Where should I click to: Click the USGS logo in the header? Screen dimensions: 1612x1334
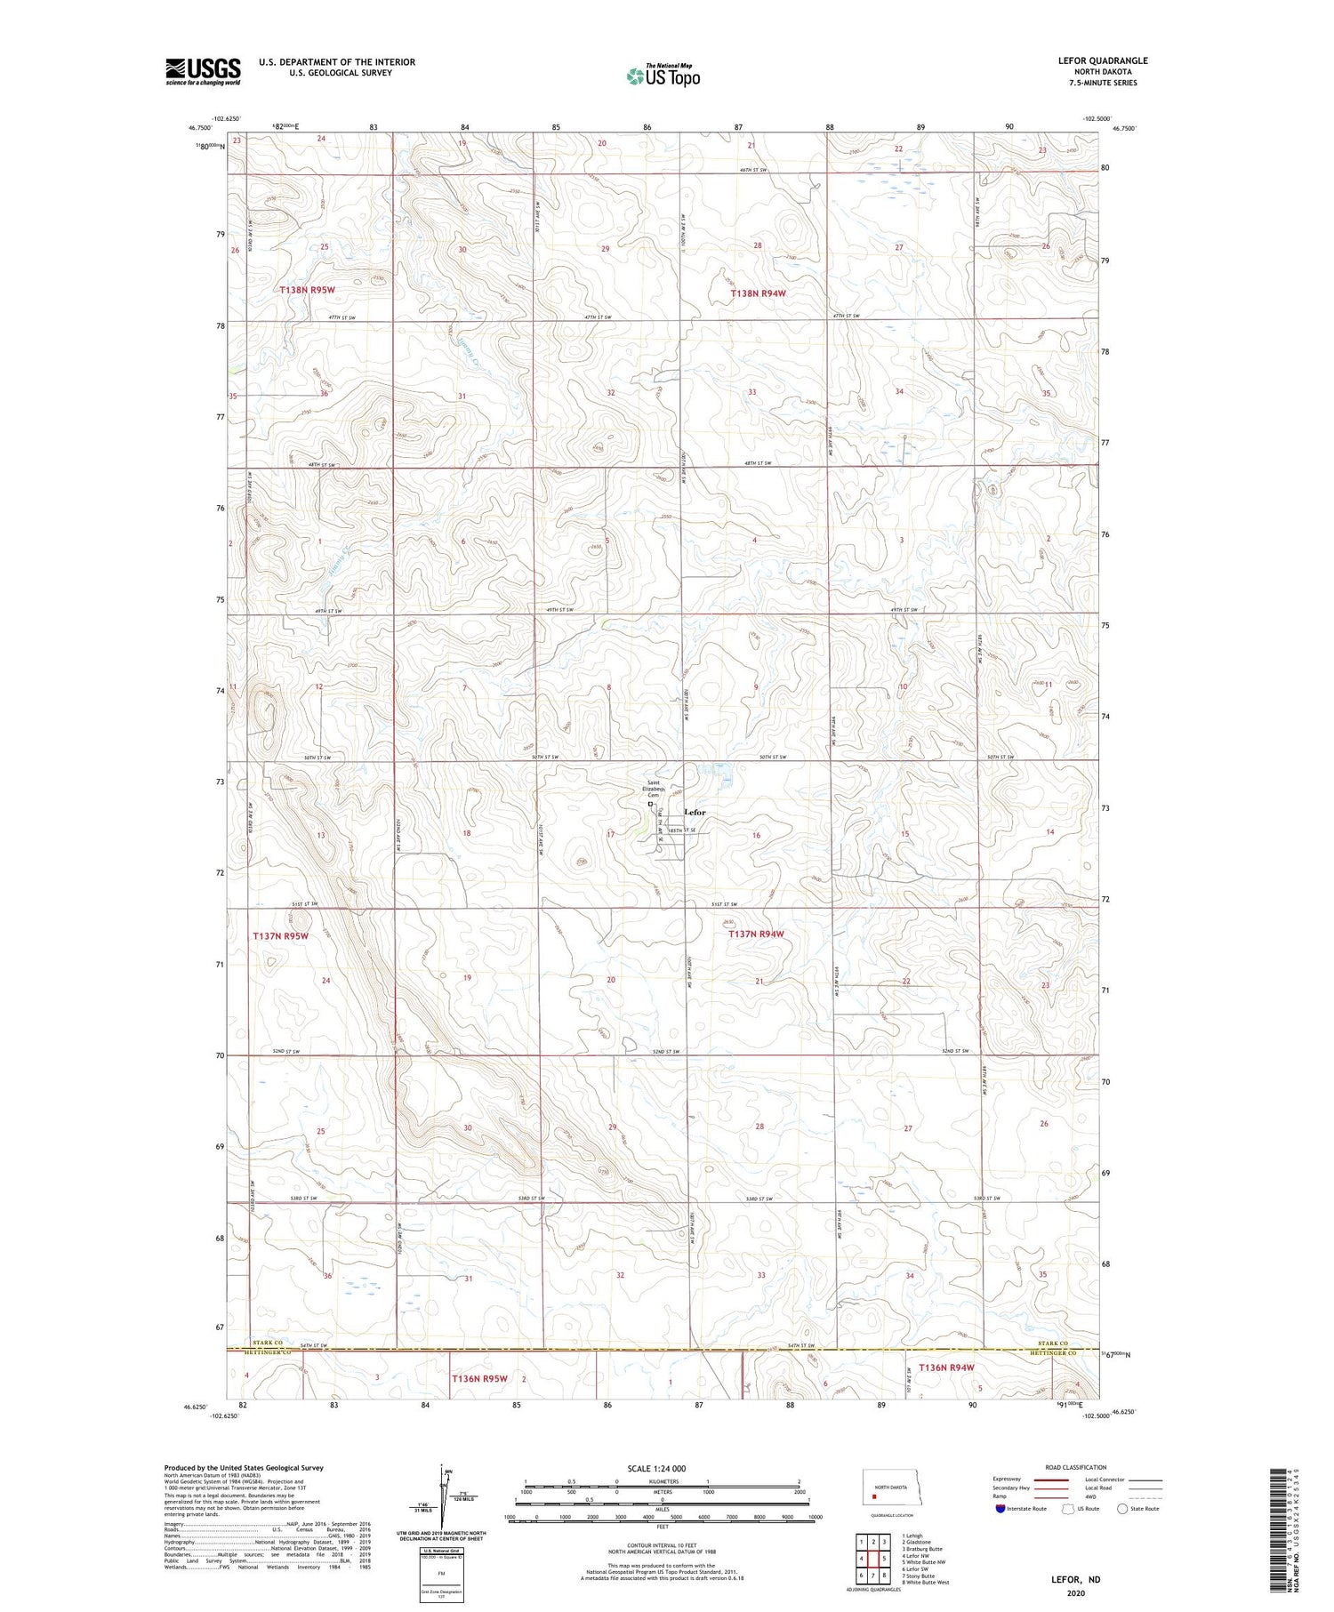203,71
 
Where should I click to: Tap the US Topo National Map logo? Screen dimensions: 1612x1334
663,76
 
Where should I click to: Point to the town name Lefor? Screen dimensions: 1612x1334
695,813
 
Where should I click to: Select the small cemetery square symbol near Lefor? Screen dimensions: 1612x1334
650,804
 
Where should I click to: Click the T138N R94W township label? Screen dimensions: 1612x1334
759,293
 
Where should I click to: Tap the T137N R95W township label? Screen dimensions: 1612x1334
281,936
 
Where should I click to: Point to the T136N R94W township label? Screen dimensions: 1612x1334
946,1367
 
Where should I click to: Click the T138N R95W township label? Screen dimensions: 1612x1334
307,290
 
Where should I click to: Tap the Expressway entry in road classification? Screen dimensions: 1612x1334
1011,1480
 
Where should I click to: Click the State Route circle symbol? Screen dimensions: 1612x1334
1122,1509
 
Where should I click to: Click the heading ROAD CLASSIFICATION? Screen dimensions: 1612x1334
1075,1467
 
